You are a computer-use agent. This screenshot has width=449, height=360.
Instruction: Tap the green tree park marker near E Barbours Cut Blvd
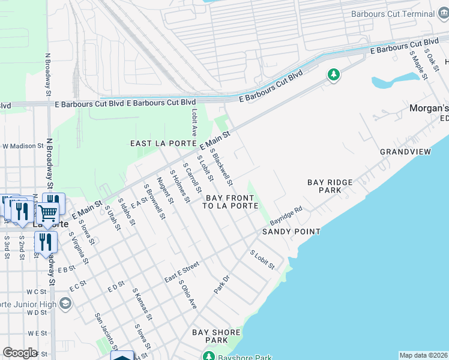(333, 74)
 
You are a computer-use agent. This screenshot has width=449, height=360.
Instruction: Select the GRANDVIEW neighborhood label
(405, 152)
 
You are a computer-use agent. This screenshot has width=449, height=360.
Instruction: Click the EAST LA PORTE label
(164, 143)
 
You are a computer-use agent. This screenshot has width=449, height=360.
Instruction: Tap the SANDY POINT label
(291, 232)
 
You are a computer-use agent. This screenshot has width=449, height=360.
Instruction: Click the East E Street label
(182, 272)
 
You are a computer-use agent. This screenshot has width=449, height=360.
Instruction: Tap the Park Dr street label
(222, 284)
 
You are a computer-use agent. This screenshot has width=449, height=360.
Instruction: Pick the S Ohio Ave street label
(187, 295)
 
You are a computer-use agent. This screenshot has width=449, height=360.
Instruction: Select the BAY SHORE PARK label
(216, 336)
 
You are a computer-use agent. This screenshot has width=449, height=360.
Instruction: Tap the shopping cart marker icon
(48, 212)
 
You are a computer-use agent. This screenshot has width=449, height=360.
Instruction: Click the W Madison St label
(23, 146)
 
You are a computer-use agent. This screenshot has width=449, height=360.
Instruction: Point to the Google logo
(20, 353)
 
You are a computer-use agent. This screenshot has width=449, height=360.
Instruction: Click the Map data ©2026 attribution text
(423, 355)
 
